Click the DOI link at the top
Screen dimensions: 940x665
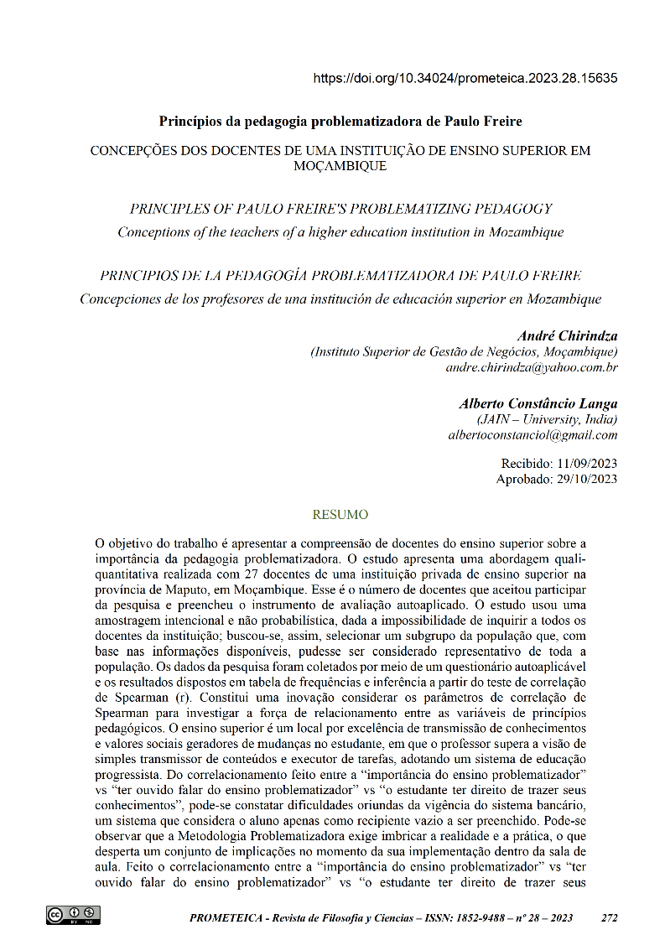465,79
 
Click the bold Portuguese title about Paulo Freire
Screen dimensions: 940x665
340,120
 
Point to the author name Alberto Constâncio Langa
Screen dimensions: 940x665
538,403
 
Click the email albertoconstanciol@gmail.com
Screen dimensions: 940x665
533,434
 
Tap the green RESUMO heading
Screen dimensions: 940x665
340,513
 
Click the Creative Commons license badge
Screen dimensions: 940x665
73,915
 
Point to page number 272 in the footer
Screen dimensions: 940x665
610,918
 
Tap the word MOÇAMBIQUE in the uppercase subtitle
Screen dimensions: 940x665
340,166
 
